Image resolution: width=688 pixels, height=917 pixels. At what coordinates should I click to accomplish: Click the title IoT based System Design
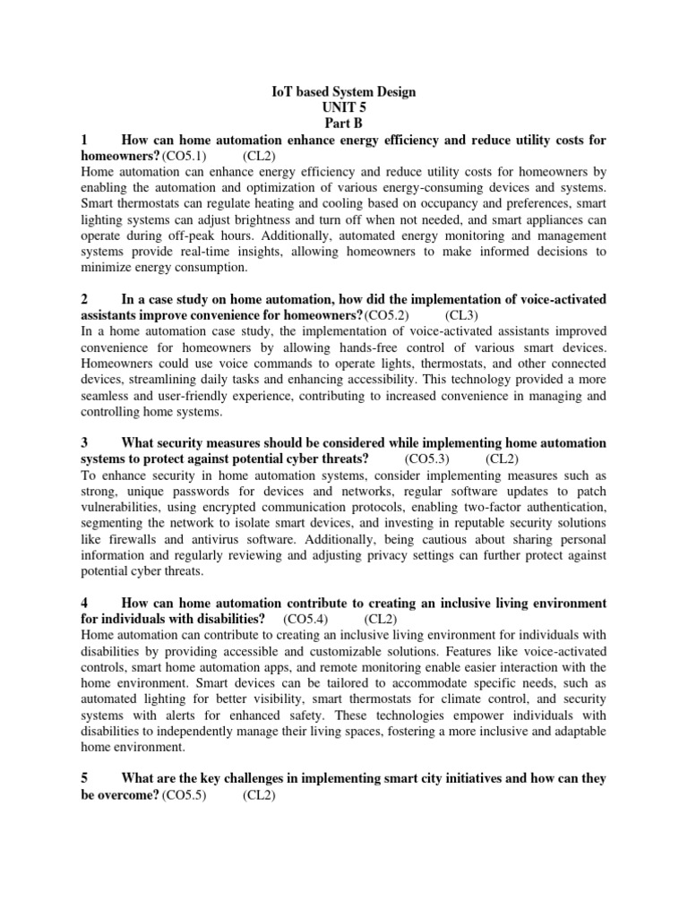click(x=344, y=91)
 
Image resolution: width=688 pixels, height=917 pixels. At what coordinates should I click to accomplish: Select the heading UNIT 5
click(x=344, y=107)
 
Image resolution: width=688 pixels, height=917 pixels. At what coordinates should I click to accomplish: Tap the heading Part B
click(x=344, y=124)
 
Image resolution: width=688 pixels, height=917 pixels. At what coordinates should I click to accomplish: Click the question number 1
click(x=84, y=140)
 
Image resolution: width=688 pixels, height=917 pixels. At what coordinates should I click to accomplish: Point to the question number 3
click(x=84, y=442)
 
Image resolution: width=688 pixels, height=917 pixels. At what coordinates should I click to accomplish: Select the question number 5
click(x=84, y=778)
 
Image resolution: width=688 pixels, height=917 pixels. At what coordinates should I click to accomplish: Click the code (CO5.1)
click(x=185, y=156)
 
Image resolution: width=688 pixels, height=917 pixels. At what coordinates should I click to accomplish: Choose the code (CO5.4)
click(x=305, y=619)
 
